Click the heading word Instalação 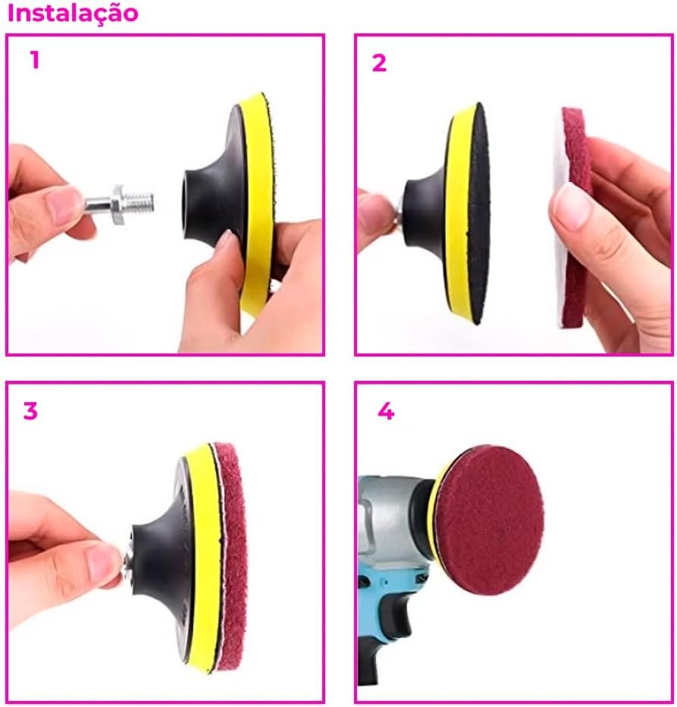point(73,14)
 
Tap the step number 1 point(35,60)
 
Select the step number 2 point(379,63)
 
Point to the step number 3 point(30,410)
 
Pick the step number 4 point(386,411)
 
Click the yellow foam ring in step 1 point(255,203)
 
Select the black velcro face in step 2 point(479,213)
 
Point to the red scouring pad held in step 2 point(574,216)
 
